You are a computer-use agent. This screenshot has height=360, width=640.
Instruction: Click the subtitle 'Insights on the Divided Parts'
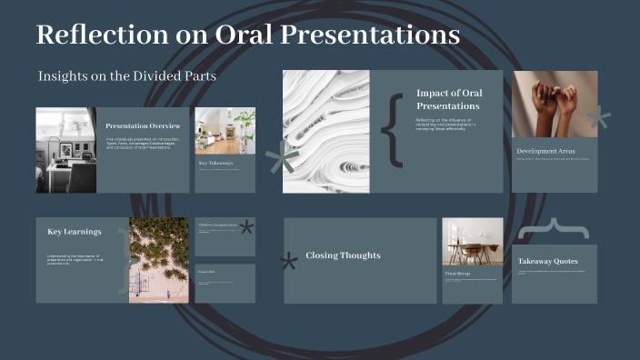pos(127,76)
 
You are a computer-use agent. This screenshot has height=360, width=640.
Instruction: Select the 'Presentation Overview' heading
pos(143,125)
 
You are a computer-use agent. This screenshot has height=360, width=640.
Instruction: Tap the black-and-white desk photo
pos(65,149)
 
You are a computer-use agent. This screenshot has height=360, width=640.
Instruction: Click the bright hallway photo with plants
pos(225,130)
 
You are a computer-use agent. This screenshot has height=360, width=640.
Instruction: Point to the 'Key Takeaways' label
pos(216,164)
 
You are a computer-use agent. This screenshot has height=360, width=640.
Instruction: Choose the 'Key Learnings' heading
pos(75,232)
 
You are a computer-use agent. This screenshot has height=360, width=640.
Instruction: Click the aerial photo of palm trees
pos(159,260)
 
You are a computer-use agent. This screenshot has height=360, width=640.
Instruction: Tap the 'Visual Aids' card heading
pos(206,271)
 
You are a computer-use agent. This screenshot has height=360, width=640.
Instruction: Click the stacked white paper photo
pos(325,131)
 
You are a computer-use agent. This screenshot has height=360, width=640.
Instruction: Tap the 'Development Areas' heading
pos(545,151)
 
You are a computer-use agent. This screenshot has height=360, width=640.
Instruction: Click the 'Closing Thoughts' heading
pos(342,255)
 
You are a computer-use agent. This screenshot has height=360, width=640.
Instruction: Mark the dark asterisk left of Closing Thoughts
pos(289,263)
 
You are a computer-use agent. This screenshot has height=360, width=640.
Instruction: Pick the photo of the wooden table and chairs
pos(472,241)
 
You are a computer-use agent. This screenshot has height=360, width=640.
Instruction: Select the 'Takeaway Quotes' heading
pos(548,261)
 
